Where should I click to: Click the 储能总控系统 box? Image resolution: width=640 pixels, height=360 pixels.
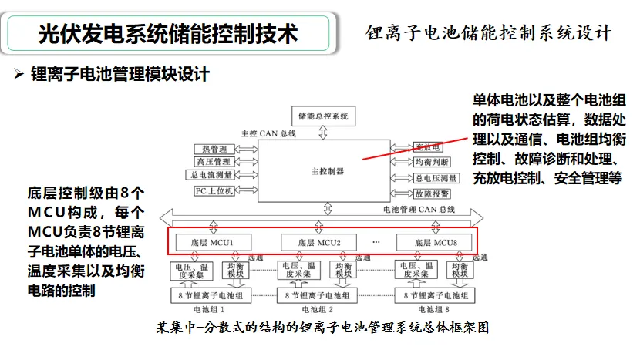[324, 116]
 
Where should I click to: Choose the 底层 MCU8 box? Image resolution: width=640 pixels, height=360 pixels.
[427, 242]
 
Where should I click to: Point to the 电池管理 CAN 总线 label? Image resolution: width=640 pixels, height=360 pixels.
[420, 209]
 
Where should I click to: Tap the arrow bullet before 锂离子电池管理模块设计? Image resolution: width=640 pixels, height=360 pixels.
[20, 75]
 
